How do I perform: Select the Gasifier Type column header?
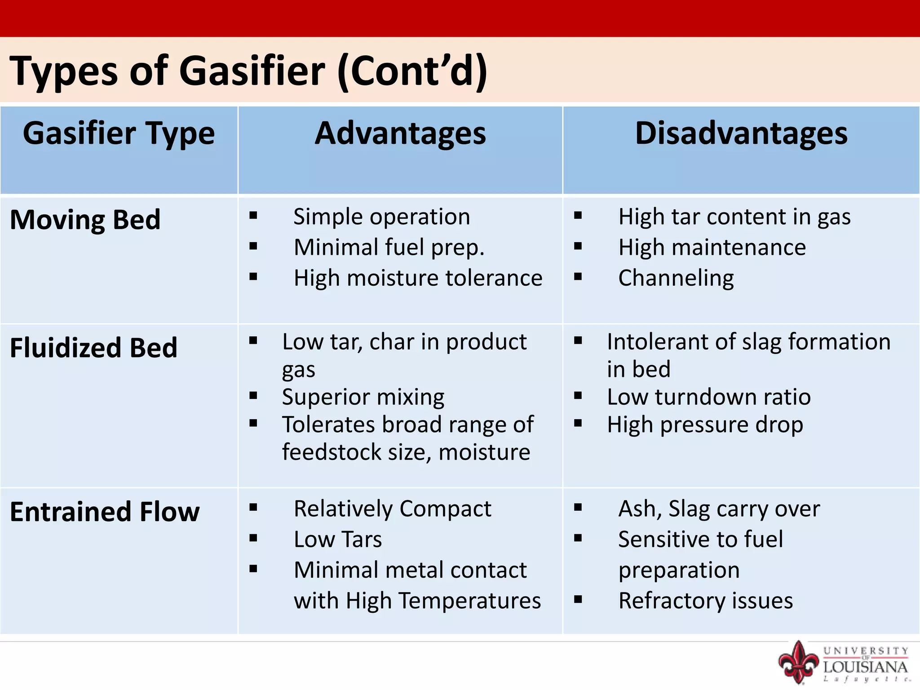(x=119, y=133)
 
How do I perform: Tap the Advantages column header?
(x=400, y=133)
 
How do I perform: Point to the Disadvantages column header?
(x=741, y=133)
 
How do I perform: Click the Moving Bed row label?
(x=85, y=220)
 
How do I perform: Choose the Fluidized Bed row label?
(x=93, y=348)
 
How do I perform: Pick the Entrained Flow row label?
(x=105, y=512)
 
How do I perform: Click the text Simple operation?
(x=382, y=217)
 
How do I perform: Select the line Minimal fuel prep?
(x=389, y=248)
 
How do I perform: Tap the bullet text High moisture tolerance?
(x=418, y=278)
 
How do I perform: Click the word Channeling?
(x=676, y=278)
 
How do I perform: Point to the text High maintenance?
(x=712, y=248)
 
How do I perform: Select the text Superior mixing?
(x=363, y=397)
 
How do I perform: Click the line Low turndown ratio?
(x=709, y=397)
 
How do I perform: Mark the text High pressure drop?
(x=705, y=425)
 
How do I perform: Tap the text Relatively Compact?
(x=392, y=509)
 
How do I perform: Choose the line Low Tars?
(x=338, y=540)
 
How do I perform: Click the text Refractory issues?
(x=705, y=601)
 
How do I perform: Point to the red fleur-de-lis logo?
(x=798, y=662)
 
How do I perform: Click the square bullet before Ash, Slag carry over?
(x=578, y=508)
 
